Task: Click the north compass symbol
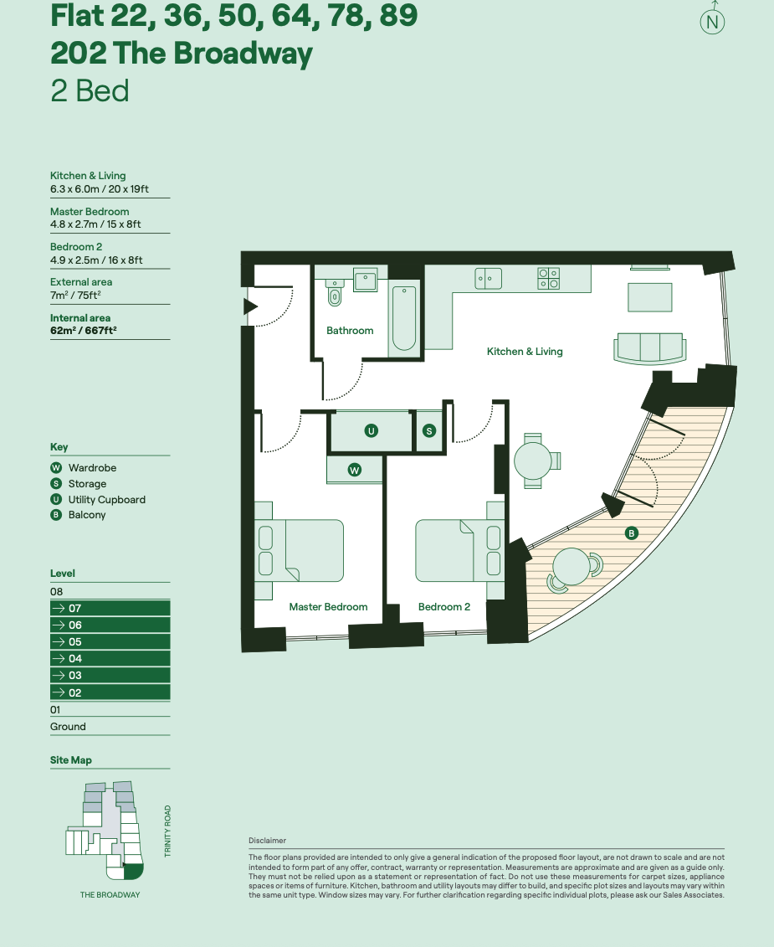712,22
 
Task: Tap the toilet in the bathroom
336,293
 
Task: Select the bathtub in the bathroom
403,318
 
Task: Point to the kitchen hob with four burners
548,278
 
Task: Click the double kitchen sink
488,278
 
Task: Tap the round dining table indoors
532,460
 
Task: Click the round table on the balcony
571,568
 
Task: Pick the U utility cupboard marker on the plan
372,430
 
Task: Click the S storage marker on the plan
429,430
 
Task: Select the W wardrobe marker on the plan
355,470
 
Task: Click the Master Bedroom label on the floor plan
328,607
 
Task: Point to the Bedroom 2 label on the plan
444,607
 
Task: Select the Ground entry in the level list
68,727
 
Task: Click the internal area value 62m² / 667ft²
84,330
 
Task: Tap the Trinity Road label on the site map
168,831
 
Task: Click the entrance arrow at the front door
249,306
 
